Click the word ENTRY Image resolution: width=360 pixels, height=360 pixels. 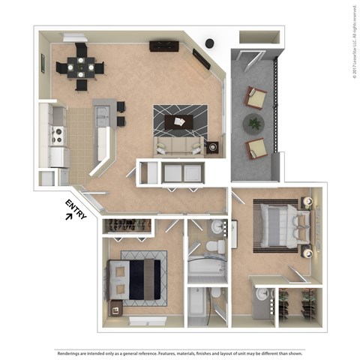click(77, 208)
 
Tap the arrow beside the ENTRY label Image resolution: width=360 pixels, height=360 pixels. click(70, 217)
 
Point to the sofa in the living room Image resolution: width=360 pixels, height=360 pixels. click(178, 145)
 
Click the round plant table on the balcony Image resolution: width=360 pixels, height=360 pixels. click(255, 122)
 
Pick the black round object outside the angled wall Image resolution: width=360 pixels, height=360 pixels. click(210, 43)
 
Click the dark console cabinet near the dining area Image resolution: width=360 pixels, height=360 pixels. click(163, 46)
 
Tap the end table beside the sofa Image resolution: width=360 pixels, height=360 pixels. click(213, 147)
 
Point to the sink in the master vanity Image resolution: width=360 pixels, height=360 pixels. click(262, 295)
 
